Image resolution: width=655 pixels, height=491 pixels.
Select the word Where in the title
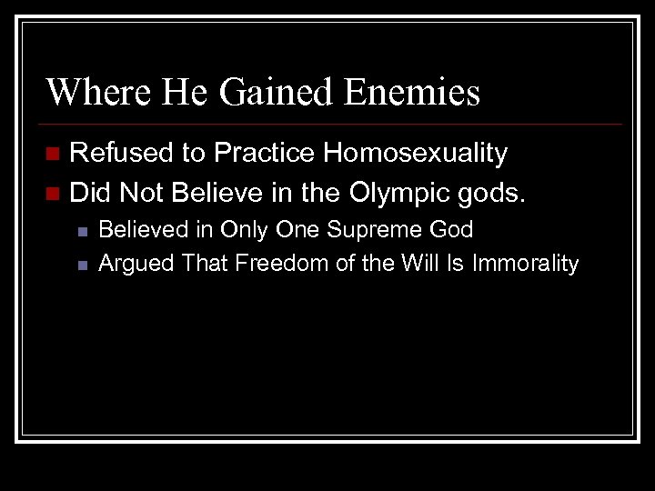point(90,92)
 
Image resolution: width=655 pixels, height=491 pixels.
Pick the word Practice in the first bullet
point(261,154)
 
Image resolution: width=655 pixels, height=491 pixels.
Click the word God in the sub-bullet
point(451,230)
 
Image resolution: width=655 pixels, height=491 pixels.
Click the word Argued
point(136,264)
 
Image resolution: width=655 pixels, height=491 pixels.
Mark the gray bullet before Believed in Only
point(82,232)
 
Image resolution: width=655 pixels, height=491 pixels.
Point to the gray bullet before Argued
point(82,266)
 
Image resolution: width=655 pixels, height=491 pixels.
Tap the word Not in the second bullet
point(139,193)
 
